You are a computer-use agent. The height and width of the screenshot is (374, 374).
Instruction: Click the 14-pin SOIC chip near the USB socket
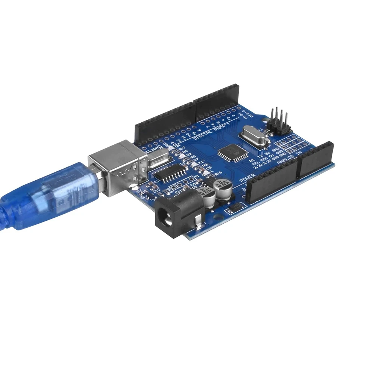pyautogui.click(x=171, y=173)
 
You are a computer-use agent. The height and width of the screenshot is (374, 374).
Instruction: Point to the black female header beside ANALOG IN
pyautogui.click(x=315, y=159)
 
